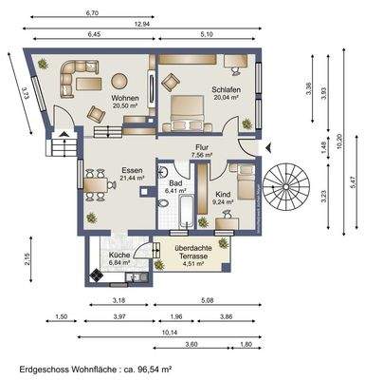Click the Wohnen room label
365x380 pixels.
coord(125,98)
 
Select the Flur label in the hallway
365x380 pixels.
coord(201,146)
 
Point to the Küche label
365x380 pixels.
coord(120,255)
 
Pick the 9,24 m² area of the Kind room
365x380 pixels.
coord(224,201)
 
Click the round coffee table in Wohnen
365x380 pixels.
coord(121,81)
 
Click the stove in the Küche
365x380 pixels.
coord(96,275)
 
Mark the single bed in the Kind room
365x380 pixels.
coord(243,180)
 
